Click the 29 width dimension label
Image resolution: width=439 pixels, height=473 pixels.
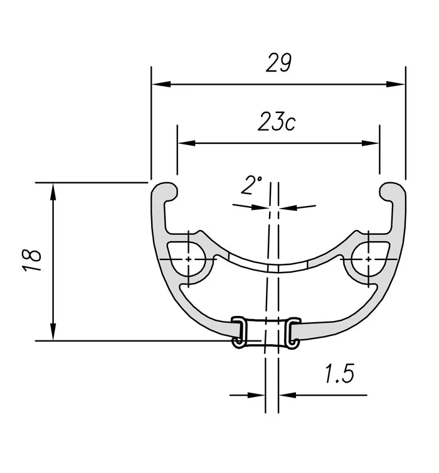point(278,63)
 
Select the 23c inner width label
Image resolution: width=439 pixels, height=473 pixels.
point(277,122)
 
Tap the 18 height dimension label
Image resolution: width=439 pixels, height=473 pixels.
point(32,260)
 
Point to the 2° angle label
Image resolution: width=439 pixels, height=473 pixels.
point(251,185)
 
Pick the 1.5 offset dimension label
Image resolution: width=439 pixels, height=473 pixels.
point(340,374)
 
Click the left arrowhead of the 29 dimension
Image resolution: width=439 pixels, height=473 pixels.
point(161,84)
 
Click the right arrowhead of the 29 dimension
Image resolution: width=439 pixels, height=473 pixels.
point(396,84)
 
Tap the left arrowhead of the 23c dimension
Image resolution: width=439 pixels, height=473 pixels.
point(187,143)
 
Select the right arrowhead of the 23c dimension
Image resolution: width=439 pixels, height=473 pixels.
point(370,143)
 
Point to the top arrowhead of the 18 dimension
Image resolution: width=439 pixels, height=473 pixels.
point(53,192)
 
